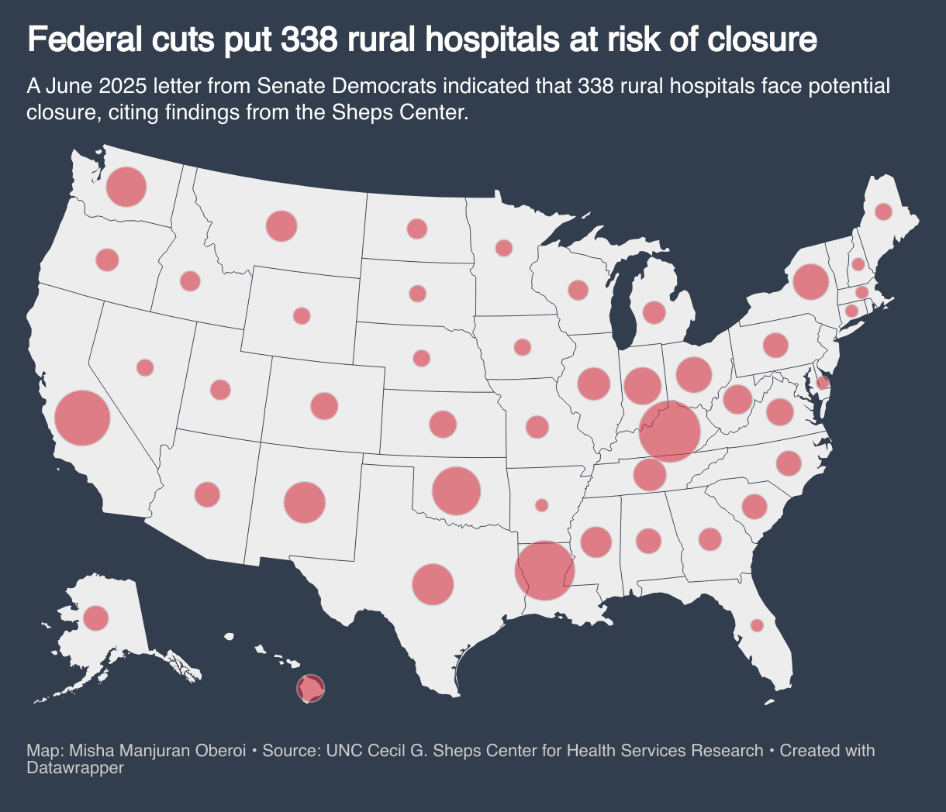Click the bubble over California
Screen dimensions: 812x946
82,418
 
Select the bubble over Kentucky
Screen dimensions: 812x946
670,432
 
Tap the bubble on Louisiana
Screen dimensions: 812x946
545,570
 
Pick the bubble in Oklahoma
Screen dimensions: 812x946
457,490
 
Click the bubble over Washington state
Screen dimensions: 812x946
126,187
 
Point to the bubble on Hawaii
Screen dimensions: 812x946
311,687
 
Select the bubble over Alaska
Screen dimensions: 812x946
96,618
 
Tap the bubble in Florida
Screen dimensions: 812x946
757,624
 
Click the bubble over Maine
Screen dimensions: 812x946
883,212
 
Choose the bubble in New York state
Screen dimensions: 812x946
811,281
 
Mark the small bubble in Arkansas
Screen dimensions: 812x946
541,505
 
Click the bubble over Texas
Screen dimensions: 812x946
433,584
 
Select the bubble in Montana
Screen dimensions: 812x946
281,225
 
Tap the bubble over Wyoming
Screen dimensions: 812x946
302,315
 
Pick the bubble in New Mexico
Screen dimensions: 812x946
304,502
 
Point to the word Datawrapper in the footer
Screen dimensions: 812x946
75,768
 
